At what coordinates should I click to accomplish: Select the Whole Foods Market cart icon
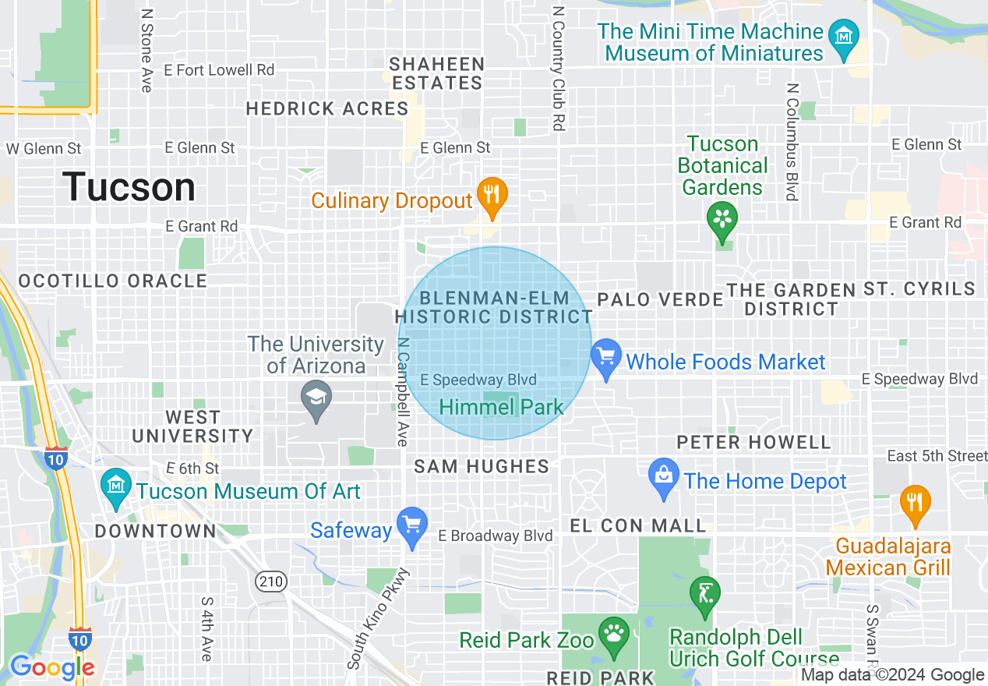click(605, 360)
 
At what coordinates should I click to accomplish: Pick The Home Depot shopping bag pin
click(664, 479)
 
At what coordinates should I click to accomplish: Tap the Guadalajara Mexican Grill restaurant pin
click(915, 505)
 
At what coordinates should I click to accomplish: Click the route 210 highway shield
click(271, 581)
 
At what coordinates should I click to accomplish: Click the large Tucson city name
click(129, 188)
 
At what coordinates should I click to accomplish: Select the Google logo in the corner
click(51, 667)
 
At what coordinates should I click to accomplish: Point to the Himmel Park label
click(501, 407)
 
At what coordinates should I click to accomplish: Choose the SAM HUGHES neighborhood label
click(482, 466)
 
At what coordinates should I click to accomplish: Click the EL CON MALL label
click(638, 525)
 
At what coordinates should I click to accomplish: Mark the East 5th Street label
click(937, 455)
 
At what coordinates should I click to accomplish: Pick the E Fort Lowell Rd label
click(219, 70)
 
